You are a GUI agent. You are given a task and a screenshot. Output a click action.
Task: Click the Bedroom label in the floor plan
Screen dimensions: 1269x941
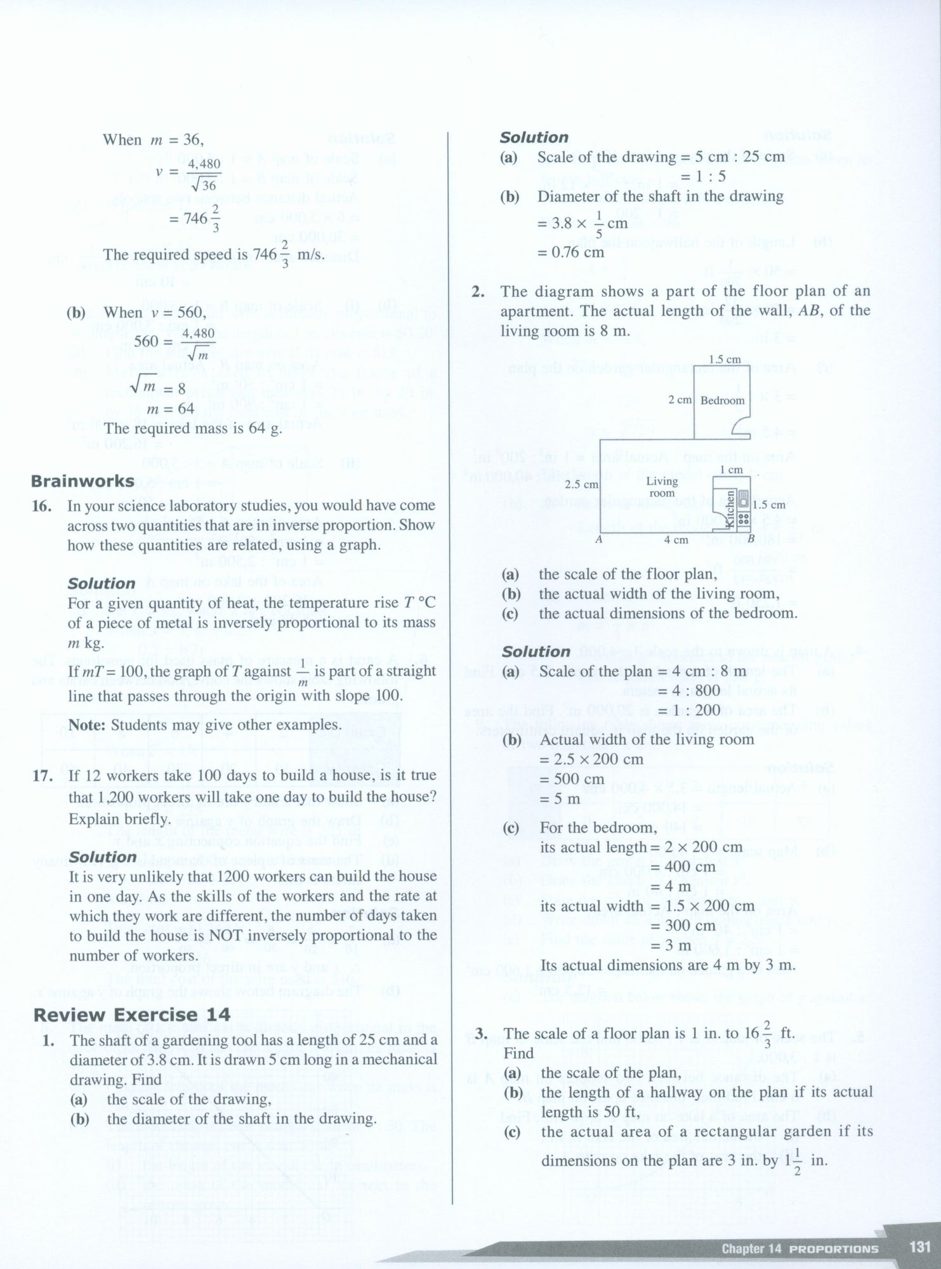(722, 401)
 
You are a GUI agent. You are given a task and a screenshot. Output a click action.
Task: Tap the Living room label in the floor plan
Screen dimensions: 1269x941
(662, 487)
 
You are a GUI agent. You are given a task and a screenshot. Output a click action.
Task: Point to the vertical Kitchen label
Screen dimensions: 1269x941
(729, 508)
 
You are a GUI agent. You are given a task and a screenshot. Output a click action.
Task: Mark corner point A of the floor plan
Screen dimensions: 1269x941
(598, 540)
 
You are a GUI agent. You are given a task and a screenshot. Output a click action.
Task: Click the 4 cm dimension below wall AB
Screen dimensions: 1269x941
(676, 540)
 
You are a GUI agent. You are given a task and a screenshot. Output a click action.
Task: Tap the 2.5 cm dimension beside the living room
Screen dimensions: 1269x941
(582, 484)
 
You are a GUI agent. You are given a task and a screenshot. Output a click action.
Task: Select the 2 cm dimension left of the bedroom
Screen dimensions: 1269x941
(680, 400)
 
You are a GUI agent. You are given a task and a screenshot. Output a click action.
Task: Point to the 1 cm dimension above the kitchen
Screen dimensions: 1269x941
(731, 470)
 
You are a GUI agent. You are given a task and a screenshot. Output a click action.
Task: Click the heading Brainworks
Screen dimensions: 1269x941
(82, 482)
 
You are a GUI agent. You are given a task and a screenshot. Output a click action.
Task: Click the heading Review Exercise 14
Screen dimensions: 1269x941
(131, 1015)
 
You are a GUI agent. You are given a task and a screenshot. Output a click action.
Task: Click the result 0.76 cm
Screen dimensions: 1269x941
(570, 252)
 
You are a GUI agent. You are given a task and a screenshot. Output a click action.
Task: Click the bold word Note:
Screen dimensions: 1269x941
(86, 725)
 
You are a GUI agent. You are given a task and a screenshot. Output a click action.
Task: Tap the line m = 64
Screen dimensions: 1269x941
(170, 409)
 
